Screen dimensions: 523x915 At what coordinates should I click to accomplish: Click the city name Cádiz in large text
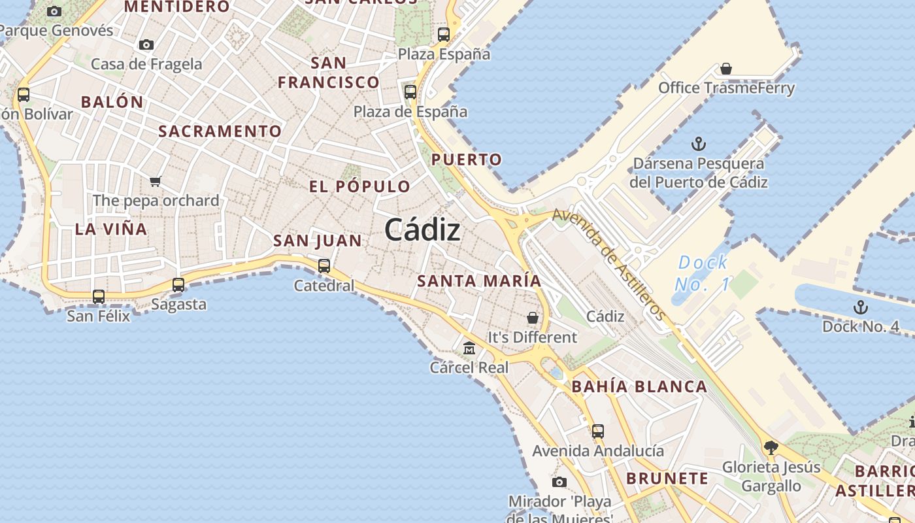(x=422, y=230)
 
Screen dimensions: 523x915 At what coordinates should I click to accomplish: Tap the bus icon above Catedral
(x=324, y=266)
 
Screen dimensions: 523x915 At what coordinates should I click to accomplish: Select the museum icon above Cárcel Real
(x=469, y=348)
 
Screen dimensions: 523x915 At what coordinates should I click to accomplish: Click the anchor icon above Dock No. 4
(x=861, y=307)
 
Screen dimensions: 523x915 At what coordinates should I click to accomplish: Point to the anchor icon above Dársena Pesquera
(x=699, y=144)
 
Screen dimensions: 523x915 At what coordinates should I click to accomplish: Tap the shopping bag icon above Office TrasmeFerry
(x=725, y=69)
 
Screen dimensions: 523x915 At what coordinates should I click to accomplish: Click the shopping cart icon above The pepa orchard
(x=155, y=181)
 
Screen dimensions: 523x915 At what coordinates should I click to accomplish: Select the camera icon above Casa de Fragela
(x=146, y=45)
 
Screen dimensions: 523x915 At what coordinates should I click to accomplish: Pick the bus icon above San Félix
(x=99, y=296)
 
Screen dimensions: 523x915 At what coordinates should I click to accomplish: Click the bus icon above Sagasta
(x=178, y=285)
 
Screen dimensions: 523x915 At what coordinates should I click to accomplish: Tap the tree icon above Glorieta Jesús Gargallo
(x=771, y=448)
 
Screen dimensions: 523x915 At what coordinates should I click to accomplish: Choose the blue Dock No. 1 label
(x=703, y=273)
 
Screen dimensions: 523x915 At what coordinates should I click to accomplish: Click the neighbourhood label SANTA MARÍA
(x=479, y=281)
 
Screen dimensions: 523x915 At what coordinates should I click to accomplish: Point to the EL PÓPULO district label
(x=359, y=186)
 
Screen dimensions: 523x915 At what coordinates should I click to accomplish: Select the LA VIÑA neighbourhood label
(x=111, y=229)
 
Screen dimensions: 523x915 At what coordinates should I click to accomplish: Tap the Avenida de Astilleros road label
(x=609, y=264)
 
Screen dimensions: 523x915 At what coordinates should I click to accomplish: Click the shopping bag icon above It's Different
(x=533, y=318)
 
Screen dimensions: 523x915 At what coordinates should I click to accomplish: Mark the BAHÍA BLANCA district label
(x=639, y=386)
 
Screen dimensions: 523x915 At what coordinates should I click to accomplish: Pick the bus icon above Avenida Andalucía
(x=598, y=431)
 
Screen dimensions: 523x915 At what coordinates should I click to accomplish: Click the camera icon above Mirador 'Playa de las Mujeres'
(x=559, y=482)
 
